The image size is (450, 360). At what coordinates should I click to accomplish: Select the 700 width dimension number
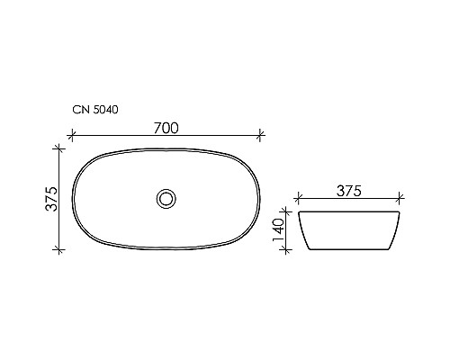(165, 127)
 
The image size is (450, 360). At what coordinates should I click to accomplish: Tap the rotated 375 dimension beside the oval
(51, 197)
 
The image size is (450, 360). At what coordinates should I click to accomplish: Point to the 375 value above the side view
(348, 190)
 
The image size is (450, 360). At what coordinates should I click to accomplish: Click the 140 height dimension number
(280, 231)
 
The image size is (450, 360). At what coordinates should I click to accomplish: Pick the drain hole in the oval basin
(166, 197)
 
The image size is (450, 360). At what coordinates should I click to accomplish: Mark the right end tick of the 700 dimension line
(261, 136)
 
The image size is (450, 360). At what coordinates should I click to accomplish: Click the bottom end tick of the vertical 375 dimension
(61, 249)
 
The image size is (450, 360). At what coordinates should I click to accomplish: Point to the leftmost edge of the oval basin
(71, 197)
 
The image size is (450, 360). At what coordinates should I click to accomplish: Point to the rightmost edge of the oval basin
(260, 197)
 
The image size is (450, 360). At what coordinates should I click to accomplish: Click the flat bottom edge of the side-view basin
(348, 251)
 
